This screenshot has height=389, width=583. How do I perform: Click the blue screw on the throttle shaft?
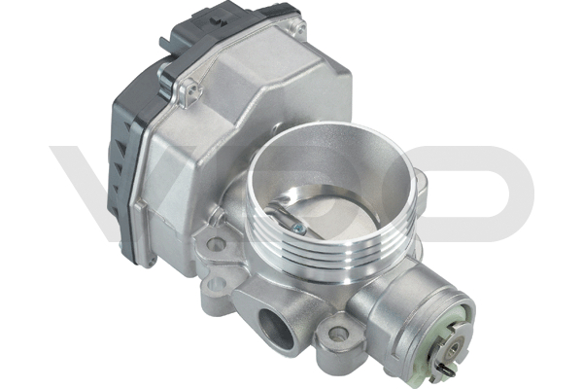[297, 229]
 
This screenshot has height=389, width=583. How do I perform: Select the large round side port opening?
[276, 322]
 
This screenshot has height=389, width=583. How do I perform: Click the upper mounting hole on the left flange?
[216, 244]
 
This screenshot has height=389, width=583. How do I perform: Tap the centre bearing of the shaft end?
[455, 350]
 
